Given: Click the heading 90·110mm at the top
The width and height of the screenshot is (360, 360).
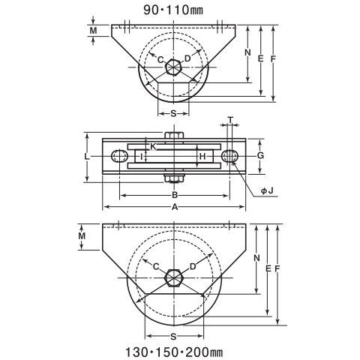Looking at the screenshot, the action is pos(173,10).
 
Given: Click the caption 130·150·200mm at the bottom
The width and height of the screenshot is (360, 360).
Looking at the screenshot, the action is pos(174,352).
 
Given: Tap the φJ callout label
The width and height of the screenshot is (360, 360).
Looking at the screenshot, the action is pos(267,191).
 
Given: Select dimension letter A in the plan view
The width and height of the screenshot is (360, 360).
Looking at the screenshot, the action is pos(175,207).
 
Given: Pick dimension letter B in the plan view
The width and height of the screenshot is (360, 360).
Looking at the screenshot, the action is pos(175,195).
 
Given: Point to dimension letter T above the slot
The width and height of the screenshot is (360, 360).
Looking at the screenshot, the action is pos(230,120).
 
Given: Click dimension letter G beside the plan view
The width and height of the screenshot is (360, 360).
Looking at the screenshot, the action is pos(260,155).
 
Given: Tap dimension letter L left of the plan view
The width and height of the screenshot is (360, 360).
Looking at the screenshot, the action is pos(86,157).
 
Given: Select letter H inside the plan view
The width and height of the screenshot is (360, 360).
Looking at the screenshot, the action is pos(202,157).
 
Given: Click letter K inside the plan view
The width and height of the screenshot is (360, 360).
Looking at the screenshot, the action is pos(153,146).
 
